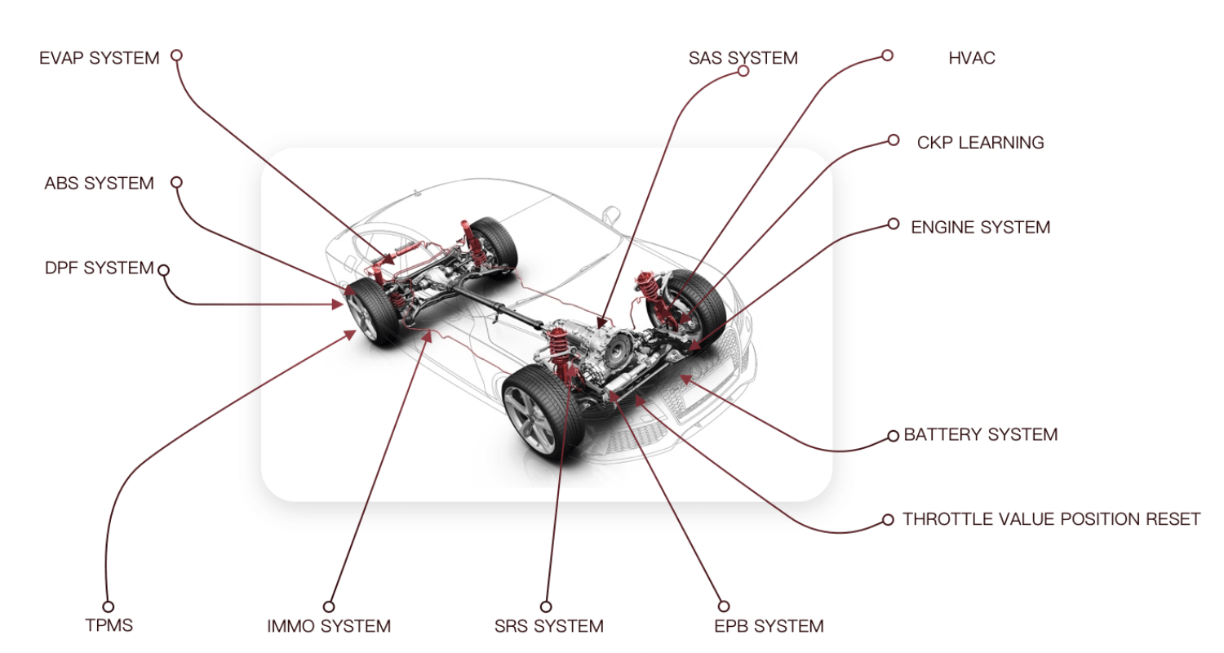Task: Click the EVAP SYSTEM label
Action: click(x=99, y=59)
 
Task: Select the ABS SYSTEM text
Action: click(x=99, y=184)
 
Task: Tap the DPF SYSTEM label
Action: click(x=99, y=268)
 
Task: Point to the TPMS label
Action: click(x=109, y=626)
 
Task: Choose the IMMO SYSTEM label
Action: click(x=329, y=627)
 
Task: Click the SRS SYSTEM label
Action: click(x=548, y=627)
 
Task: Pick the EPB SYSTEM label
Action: click(x=768, y=627)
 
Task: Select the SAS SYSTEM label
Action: click(x=743, y=58)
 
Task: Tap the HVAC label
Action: click(x=971, y=59)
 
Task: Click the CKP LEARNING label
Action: click(x=980, y=143)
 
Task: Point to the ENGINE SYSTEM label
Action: click(x=980, y=228)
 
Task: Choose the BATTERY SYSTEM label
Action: click(x=980, y=435)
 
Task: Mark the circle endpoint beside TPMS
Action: click(x=108, y=606)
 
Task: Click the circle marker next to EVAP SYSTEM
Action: click(x=176, y=56)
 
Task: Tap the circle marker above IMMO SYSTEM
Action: click(x=329, y=606)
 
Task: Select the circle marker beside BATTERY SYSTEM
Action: click(x=894, y=437)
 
